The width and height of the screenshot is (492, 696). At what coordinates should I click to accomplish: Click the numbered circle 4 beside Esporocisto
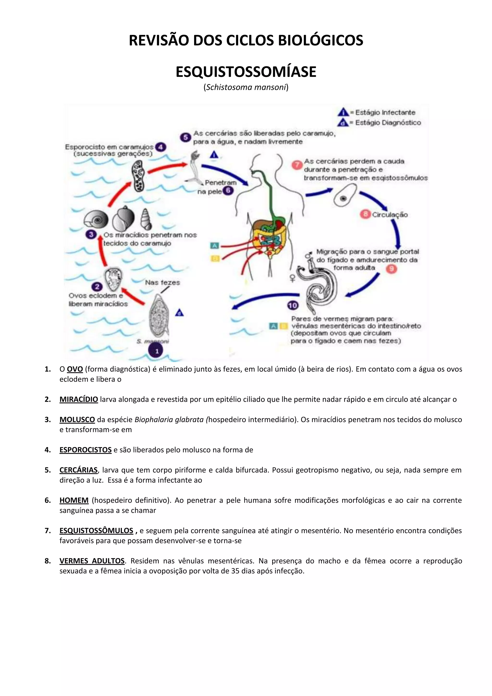click(160, 147)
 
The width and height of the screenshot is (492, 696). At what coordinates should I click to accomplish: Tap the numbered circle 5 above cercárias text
click(185, 137)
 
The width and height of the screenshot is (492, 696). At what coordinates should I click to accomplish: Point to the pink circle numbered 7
click(297, 165)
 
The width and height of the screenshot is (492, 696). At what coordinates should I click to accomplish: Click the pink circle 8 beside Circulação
click(365, 214)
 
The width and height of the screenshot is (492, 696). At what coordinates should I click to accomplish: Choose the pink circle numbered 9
click(391, 269)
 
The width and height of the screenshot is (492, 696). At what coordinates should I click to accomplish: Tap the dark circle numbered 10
click(293, 305)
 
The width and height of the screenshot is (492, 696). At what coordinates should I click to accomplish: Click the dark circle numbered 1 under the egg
click(157, 351)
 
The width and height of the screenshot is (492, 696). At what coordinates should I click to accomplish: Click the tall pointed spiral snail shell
click(146, 219)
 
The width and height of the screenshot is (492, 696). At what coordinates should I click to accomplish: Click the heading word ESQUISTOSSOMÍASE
click(246, 72)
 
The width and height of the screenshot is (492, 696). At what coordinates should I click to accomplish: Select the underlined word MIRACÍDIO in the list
click(79, 399)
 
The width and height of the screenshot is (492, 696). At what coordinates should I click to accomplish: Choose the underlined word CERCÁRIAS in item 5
click(79, 470)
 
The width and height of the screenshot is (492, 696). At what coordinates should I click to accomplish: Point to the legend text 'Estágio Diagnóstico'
click(388, 123)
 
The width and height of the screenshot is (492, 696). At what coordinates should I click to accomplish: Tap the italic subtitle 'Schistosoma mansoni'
click(246, 87)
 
